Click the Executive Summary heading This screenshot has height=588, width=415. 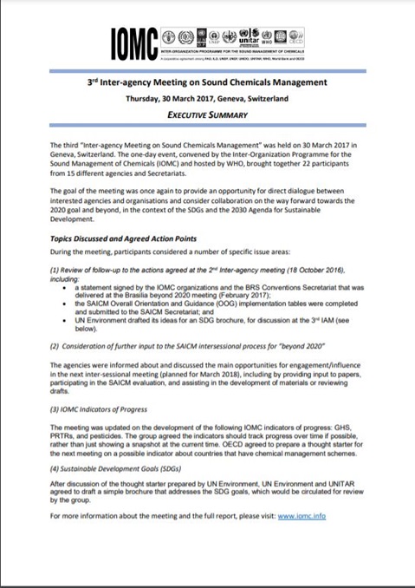pyautogui.click(x=207, y=114)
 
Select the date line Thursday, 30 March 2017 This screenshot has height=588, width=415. pyautogui.click(x=207, y=99)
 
